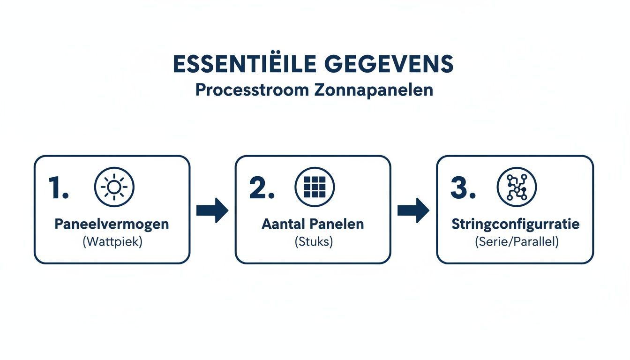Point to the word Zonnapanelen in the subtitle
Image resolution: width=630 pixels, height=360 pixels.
[x=372, y=90]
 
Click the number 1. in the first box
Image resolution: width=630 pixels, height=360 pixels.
[x=59, y=188]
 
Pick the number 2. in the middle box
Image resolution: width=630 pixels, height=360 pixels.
[x=262, y=188]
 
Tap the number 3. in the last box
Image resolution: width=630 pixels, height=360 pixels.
[x=463, y=188]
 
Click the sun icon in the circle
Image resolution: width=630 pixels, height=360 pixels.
[x=114, y=187]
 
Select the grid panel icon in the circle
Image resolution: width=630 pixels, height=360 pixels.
[x=315, y=187]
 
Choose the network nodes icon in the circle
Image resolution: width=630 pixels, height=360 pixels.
[x=517, y=187]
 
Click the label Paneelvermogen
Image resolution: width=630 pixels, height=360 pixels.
[x=112, y=224]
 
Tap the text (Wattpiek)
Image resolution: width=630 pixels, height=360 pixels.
[x=112, y=243]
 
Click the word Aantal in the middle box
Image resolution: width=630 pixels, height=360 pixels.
[x=282, y=224]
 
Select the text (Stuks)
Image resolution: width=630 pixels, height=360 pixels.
[x=313, y=243]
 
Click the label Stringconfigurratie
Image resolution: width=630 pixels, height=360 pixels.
[x=515, y=224]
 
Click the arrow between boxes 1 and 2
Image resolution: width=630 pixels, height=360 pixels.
[x=212, y=210]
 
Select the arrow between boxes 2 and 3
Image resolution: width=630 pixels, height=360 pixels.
[x=413, y=210]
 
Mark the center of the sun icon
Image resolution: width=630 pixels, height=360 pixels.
[x=114, y=187]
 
